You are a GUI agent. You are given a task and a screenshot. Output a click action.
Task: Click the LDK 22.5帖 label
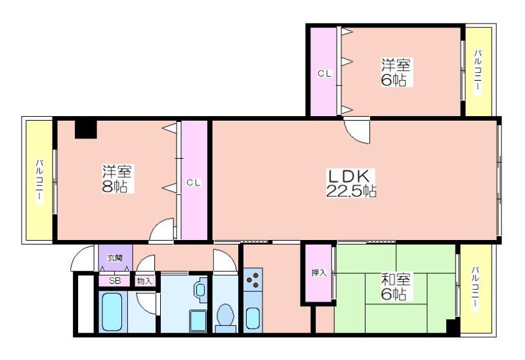[x=350, y=183]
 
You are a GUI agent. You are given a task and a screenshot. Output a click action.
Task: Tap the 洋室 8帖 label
[x=117, y=178]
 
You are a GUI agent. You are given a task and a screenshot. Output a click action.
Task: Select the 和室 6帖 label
[x=396, y=287]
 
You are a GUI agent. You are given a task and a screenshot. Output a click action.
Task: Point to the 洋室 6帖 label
[x=396, y=72]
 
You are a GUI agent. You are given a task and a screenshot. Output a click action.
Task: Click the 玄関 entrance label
[x=114, y=258]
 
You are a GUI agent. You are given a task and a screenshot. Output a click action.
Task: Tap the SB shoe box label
[x=114, y=281]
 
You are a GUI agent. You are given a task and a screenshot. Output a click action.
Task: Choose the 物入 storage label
[x=144, y=281]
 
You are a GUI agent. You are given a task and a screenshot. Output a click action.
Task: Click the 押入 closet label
[x=318, y=273]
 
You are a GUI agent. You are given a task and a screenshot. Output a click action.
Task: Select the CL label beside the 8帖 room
[x=194, y=183]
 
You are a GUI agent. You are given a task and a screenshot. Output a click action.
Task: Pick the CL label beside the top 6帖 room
[x=324, y=73]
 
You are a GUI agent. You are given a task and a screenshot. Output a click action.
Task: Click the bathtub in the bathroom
[x=112, y=312]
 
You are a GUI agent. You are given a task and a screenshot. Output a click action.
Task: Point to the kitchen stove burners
[x=253, y=280]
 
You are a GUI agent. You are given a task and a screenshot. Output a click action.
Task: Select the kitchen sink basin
[x=253, y=318]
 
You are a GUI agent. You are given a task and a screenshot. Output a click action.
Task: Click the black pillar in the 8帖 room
[x=86, y=129]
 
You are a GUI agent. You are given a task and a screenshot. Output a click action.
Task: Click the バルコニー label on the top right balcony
[x=478, y=71]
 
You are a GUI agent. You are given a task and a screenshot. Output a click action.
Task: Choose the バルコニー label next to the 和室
[x=475, y=289]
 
